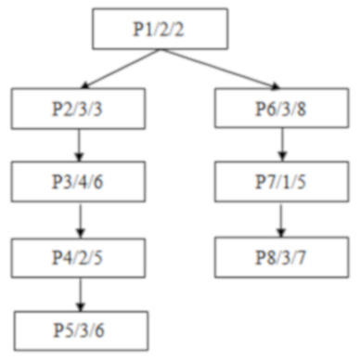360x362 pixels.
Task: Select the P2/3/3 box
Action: click(80, 109)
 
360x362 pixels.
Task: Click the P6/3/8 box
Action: click(280, 109)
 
